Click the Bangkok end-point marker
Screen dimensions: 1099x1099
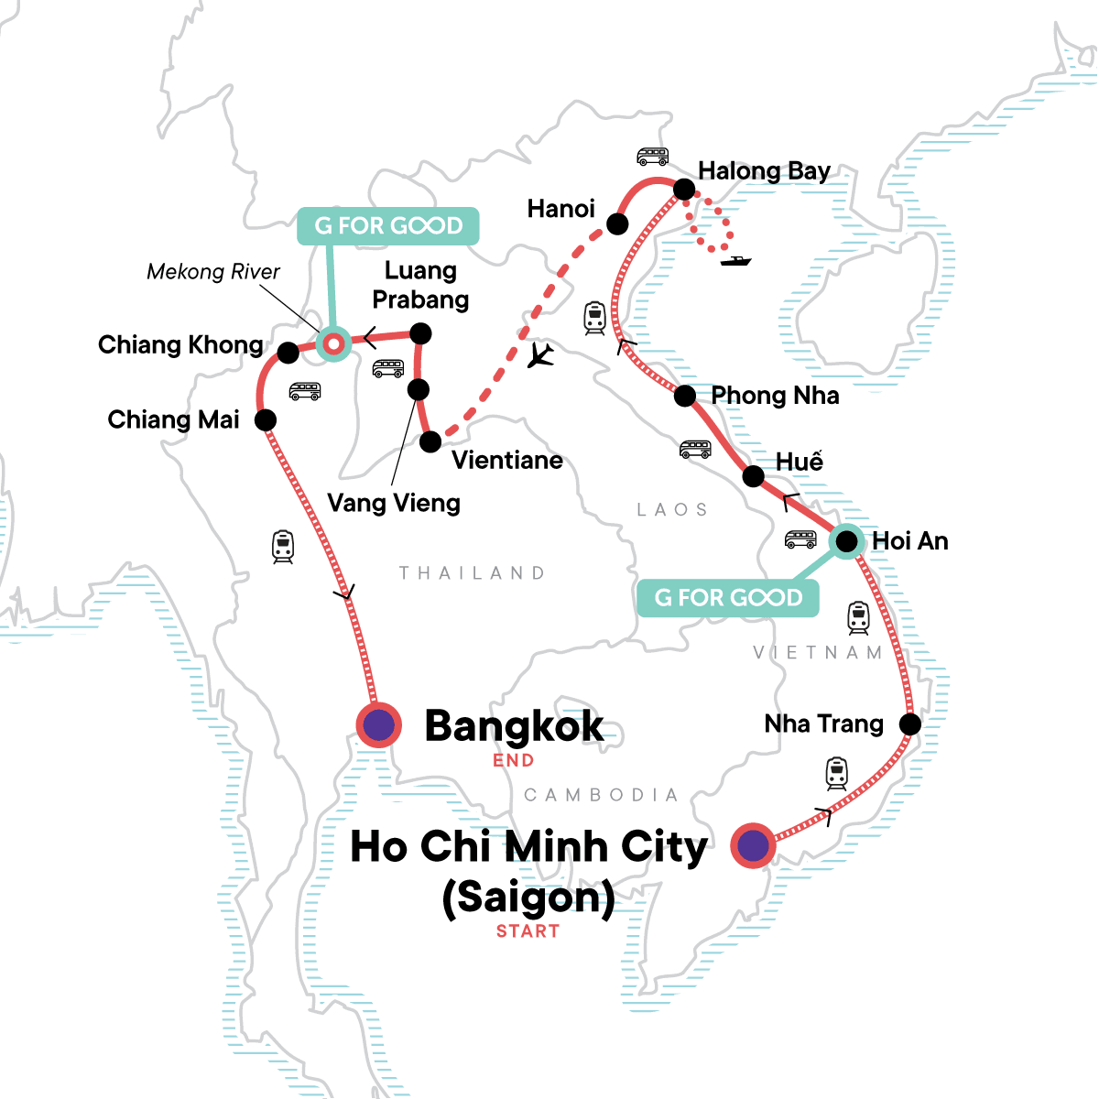[378, 725]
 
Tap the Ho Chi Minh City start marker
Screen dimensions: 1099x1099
[753, 845]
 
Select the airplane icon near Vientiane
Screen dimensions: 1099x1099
[541, 354]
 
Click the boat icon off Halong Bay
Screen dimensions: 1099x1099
[735, 261]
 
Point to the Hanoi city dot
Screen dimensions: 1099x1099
[618, 223]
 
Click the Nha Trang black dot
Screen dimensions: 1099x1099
[909, 724]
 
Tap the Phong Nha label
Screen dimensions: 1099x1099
[775, 396]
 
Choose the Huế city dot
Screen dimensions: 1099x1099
[753, 476]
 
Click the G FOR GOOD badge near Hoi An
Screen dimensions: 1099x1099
[728, 598]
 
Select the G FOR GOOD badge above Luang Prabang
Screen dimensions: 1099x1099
[387, 225]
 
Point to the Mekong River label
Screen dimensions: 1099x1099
[213, 272]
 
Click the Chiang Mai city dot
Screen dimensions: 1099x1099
[266, 419]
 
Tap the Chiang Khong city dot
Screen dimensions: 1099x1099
[288, 352]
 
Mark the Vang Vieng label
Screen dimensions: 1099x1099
[394, 503]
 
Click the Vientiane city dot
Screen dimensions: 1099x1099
[430, 442]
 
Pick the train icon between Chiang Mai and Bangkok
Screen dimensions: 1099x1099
[283, 547]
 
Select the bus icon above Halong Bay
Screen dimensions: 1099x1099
[653, 157]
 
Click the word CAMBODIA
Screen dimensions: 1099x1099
[601, 795]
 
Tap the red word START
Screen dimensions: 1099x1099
[528, 931]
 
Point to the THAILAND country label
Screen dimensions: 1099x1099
[473, 573]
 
